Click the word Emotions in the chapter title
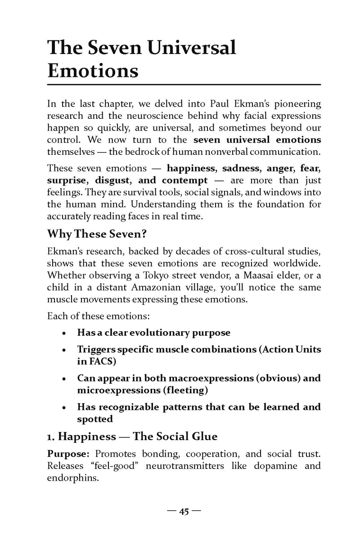(93, 71)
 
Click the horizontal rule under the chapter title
(184, 85)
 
